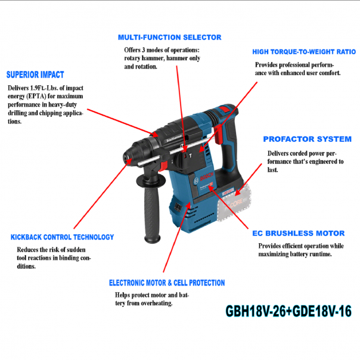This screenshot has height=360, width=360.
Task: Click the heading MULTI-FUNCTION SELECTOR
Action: tap(169, 37)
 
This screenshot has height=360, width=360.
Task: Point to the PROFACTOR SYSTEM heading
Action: tap(307, 139)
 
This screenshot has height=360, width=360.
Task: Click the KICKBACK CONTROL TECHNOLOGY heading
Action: tap(62, 237)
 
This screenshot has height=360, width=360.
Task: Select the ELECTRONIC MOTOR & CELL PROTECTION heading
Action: tap(167, 283)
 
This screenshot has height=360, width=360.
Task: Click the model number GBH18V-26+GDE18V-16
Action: tap(288, 311)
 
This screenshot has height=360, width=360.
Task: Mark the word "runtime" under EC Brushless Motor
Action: tap(319, 254)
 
